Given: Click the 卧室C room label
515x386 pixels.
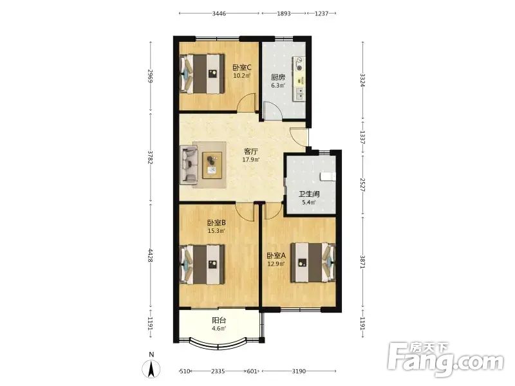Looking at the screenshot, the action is click(x=242, y=68).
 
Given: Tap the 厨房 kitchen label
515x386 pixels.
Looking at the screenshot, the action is click(x=278, y=77).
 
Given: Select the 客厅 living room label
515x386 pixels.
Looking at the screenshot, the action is click(x=250, y=152).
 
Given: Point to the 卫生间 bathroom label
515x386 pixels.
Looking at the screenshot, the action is click(x=309, y=194).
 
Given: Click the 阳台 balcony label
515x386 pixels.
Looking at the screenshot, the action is click(x=219, y=320).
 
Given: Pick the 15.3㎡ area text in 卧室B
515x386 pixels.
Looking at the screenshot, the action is click(x=216, y=231).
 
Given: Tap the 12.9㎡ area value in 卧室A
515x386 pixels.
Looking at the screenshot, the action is click(x=276, y=263).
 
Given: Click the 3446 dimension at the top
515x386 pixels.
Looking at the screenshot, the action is click(x=219, y=14).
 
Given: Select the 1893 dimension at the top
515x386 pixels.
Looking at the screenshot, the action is click(x=284, y=14).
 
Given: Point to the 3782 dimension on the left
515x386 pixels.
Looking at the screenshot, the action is click(x=151, y=157).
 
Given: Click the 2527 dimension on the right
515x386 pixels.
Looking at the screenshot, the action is click(x=362, y=185).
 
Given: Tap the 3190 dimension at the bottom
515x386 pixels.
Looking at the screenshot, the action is click(x=299, y=371).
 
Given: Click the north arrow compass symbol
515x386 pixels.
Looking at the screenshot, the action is click(x=151, y=368).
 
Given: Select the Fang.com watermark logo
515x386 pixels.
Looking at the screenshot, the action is click(x=445, y=360).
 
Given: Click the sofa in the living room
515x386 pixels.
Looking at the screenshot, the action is click(x=190, y=165).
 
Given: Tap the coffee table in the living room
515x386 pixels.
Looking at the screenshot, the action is click(x=212, y=165).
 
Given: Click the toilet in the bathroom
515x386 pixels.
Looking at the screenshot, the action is click(x=327, y=176).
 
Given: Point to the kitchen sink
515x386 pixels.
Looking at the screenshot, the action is click(x=299, y=94).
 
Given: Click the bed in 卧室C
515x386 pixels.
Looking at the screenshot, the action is click(x=202, y=73).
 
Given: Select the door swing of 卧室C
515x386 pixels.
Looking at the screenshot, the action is click(x=246, y=102).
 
